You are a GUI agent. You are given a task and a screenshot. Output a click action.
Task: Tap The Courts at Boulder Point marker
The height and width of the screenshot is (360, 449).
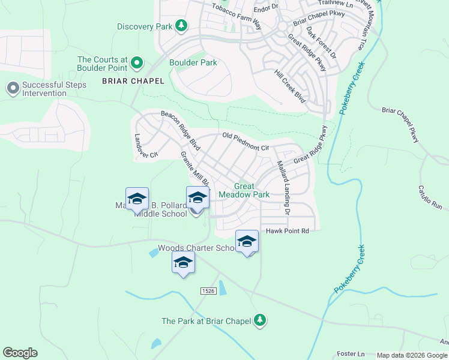coord(137,62)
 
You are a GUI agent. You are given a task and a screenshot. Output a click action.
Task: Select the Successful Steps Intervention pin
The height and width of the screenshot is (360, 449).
coord(13,89)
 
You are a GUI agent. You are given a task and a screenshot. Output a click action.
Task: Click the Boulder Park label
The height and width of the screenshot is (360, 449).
coord(193,62)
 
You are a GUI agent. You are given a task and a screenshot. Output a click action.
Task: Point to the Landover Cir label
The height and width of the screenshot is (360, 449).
coord(146,146)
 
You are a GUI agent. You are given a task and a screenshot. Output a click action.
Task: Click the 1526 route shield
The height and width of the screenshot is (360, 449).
coord(208,290)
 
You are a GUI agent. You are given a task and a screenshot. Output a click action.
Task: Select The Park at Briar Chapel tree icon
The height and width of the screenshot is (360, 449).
coord(260,320)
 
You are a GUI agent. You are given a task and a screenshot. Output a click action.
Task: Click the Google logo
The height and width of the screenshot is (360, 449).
coord(20,353)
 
